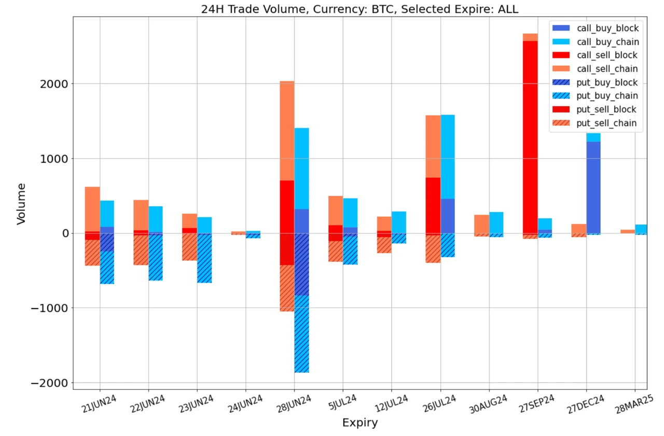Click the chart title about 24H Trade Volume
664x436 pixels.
(359, 9)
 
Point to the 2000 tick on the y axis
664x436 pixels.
(54, 84)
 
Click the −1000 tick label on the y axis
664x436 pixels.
(50, 308)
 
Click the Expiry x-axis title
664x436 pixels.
(359, 423)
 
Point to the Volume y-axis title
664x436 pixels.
(21, 203)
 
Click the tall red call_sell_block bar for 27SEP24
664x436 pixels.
(530, 135)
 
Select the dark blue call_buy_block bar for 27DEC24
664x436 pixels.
(593, 187)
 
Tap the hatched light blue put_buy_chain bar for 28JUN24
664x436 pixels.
(301, 334)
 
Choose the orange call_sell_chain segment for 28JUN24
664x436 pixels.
(287, 130)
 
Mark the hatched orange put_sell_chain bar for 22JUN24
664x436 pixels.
(141, 250)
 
